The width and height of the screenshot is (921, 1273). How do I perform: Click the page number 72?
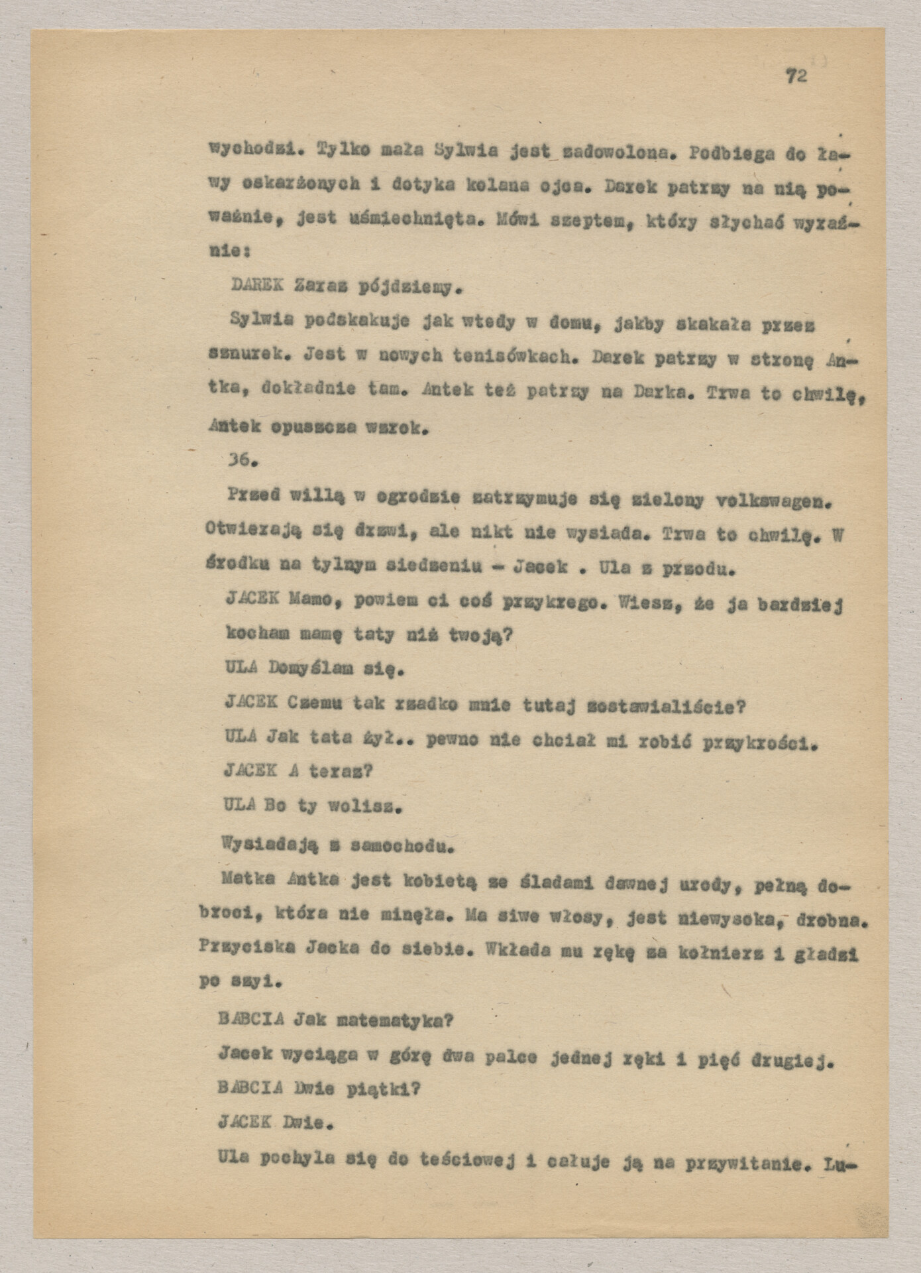click(796, 76)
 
